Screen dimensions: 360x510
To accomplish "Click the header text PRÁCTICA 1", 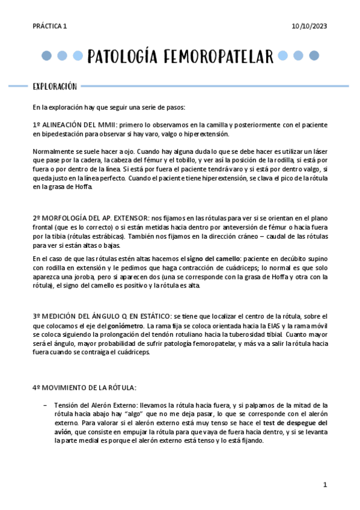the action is pos(50,26).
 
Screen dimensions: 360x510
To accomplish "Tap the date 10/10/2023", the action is pos(309,26).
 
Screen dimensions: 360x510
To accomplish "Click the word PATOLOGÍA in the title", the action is pos(123,57).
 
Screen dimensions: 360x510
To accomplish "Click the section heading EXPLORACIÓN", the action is pos(55,87).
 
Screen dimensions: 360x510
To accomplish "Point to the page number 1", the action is pos(325,485).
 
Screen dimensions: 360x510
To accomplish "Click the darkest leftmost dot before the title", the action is pos(46,57).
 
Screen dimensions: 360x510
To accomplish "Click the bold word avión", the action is pos(63,432).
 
